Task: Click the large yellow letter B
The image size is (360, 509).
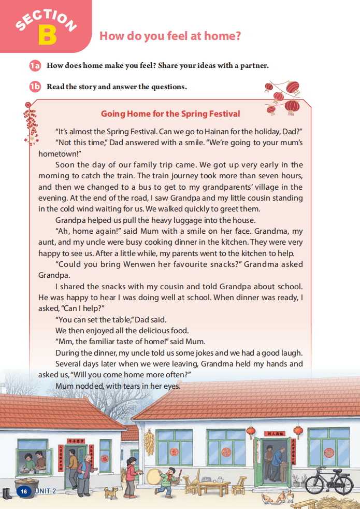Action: click(47, 34)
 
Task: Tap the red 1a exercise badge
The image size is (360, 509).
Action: click(35, 66)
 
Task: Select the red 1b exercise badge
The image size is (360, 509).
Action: click(35, 87)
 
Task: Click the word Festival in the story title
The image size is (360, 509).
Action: click(221, 114)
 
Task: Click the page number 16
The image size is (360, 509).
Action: click(23, 491)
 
